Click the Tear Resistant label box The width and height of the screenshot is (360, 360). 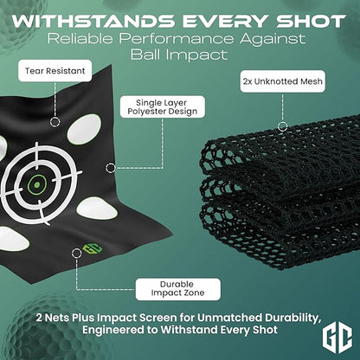point(55,71)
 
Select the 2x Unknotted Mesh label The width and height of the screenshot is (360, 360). point(283,81)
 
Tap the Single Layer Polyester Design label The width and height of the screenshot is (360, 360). point(163,107)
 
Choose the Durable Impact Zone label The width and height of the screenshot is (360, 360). point(178,289)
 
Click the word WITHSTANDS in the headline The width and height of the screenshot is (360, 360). point(93,21)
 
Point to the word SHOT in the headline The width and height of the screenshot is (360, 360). point(312,21)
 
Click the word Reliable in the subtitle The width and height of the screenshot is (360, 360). point(80,39)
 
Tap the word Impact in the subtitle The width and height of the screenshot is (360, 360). point(196,55)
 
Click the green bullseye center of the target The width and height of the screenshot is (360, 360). point(36,184)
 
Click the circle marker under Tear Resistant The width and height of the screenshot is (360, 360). point(55,122)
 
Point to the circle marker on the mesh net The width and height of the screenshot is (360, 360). point(283,126)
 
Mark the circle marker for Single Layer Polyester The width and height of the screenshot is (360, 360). point(111,168)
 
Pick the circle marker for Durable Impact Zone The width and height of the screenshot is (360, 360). point(76,254)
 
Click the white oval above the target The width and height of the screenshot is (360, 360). point(84,130)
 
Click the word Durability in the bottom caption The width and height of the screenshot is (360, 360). point(292,318)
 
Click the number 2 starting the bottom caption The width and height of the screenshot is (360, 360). point(39,318)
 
